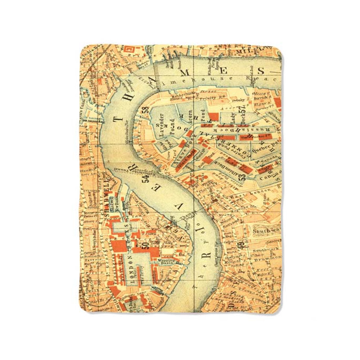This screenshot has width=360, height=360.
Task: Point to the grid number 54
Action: point(145,180)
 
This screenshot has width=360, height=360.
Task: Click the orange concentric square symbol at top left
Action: point(128,49)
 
